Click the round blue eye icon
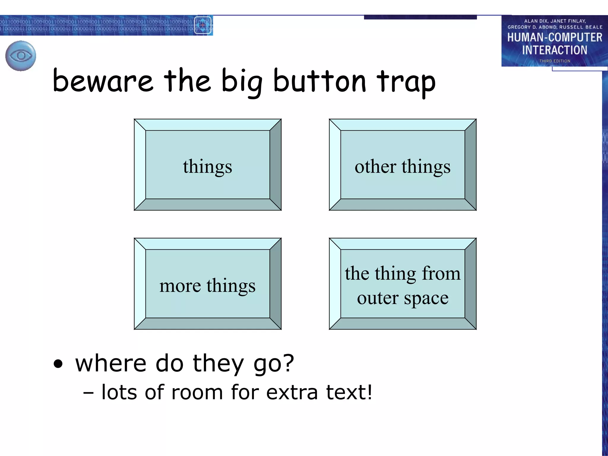(x=21, y=56)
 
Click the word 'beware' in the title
(x=103, y=81)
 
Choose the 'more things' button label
(x=207, y=286)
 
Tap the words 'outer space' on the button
(x=403, y=298)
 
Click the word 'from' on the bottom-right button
(x=441, y=273)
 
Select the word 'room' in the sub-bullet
(x=197, y=392)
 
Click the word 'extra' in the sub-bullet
(x=292, y=392)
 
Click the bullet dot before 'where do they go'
(x=58, y=364)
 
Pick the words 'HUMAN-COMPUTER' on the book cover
(x=555, y=37)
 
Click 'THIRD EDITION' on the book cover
(x=555, y=61)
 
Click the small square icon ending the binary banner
(x=203, y=25)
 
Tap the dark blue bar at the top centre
(x=420, y=17)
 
